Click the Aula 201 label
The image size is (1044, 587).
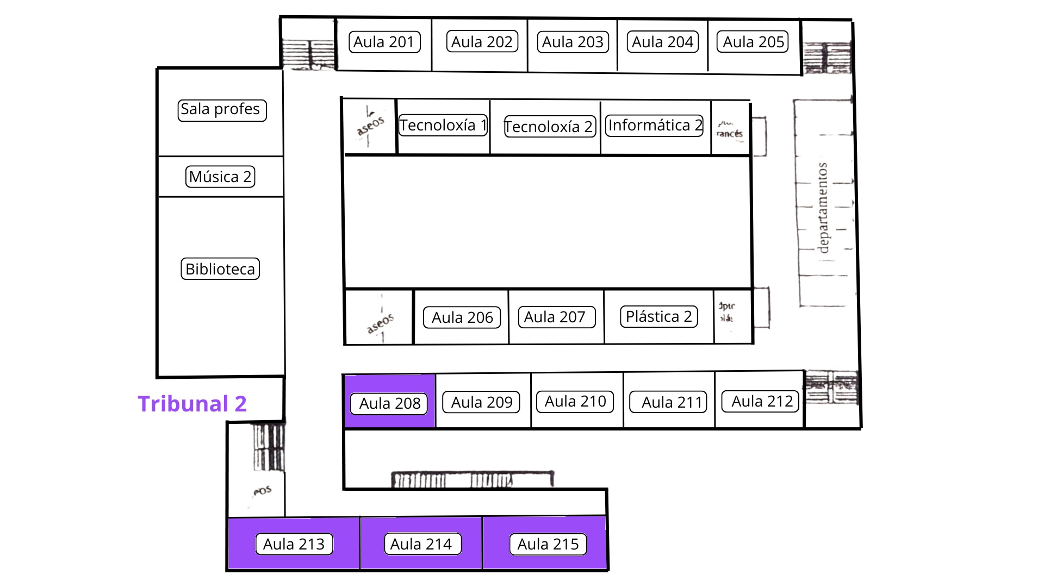tap(384, 42)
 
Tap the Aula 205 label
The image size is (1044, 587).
tap(753, 42)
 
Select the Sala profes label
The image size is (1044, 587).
tap(222, 110)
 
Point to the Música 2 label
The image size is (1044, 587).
tap(220, 177)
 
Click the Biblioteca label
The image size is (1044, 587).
tap(220, 269)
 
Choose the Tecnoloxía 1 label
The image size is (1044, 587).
tap(443, 126)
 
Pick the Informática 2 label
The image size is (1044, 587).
tap(654, 126)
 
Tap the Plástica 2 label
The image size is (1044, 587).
tap(658, 316)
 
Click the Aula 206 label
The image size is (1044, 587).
tap(462, 317)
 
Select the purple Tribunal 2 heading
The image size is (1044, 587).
tap(192, 404)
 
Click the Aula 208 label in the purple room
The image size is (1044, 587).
tap(389, 403)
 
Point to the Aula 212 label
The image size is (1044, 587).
tap(761, 402)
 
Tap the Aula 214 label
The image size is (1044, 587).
tap(421, 544)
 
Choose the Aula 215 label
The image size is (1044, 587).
tap(548, 544)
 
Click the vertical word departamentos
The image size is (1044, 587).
tap(823, 208)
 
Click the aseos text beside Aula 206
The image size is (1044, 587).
tap(380, 323)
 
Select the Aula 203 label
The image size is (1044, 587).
tap(573, 42)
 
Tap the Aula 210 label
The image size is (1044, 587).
tap(575, 402)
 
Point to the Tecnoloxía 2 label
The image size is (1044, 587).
tap(549, 127)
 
